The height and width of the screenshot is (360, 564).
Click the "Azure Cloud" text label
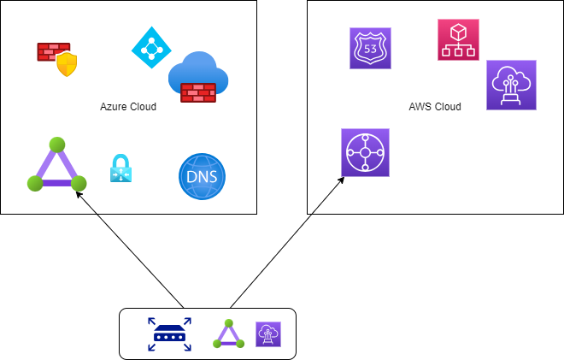pyautogui.click(x=128, y=107)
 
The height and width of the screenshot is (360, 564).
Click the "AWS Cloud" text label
pyautogui.click(x=435, y=107)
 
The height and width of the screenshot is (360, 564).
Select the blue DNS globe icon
pyautogui.click(x=203, y=177)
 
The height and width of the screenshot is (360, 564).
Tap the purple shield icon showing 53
pyautogui.click(x=370, y=48)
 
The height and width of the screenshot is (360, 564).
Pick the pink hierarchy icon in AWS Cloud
pyautogui.click(x=458, y=40)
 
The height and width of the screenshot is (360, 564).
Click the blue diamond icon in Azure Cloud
pyautogui.click(x=151, y=48)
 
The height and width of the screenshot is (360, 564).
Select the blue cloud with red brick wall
pyautogui.click(x=199, y=79)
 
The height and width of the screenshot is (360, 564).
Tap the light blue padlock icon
pyautogui.click(x=121, y=168)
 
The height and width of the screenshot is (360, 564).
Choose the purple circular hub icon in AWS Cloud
pyautogui.click(x=365, y=153)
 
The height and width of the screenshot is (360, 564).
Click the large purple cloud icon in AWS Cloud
pyautogui.click(x=511, y=85)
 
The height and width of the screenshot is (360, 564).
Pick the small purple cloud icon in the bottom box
pyautogui.click(x=268, y=333)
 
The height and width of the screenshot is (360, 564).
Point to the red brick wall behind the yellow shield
pyautogui.click(x=49, y=51)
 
